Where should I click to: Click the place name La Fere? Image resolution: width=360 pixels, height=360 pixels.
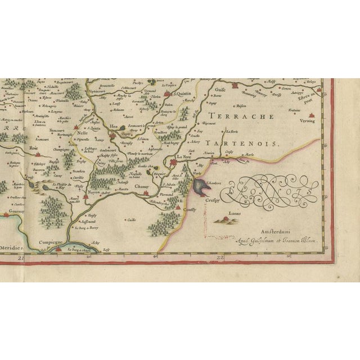183,157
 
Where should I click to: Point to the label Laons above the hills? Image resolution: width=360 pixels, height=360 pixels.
236,214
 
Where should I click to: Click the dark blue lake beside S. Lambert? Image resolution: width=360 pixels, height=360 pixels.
199,185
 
